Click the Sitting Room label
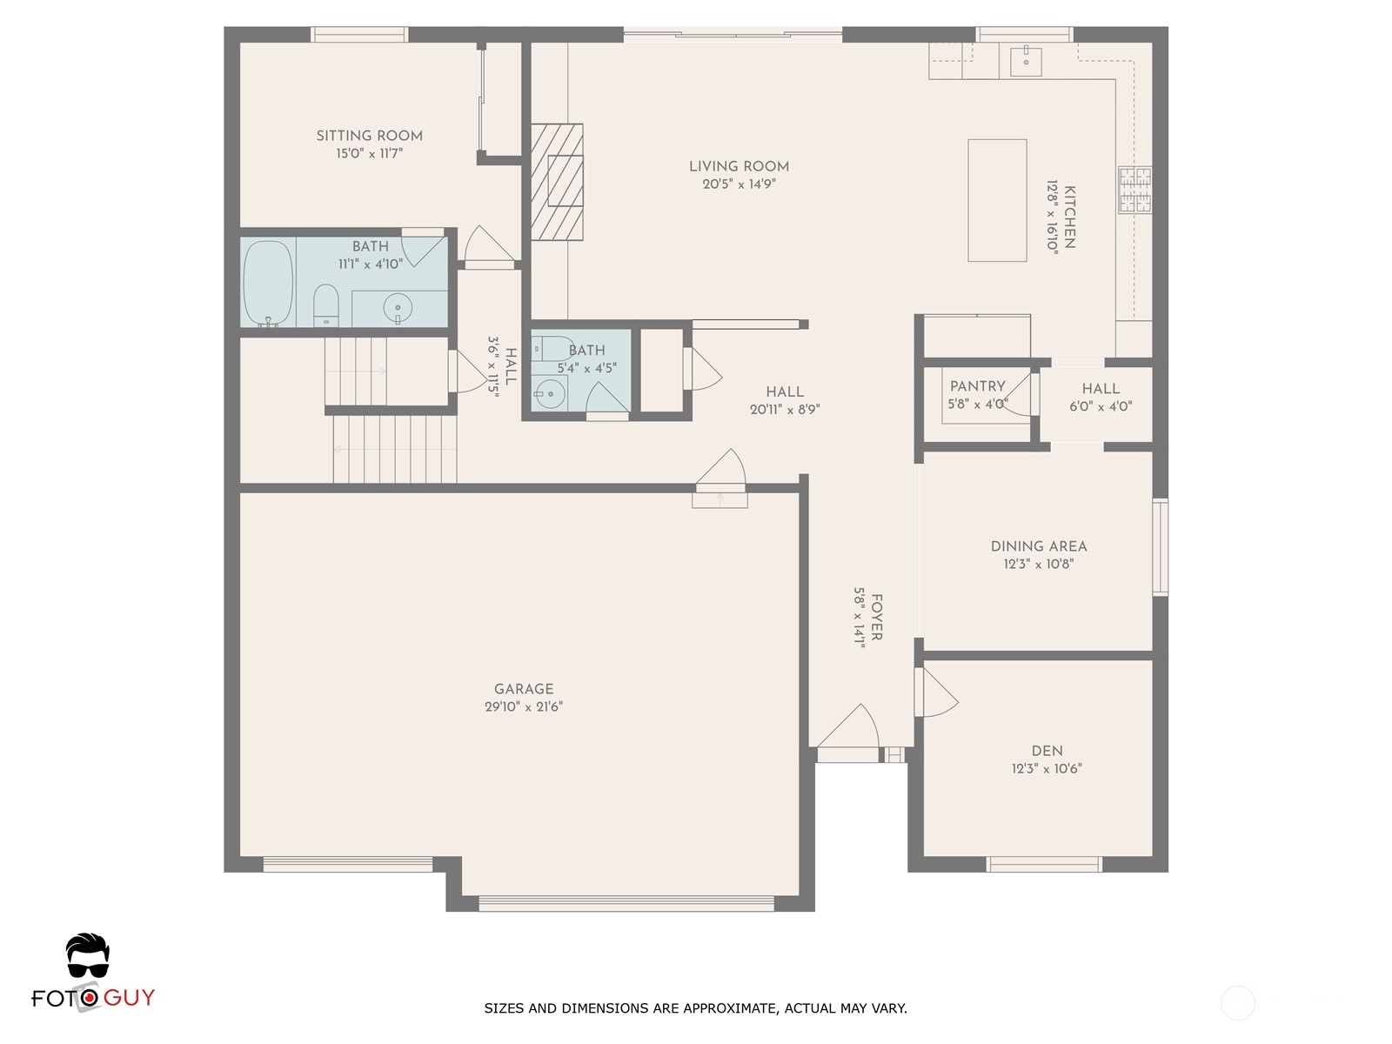pos(369,136)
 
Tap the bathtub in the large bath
pos(268,284)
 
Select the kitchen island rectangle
pos(997,200)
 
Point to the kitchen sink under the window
pos(1026,60)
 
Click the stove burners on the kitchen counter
pos(1134,190)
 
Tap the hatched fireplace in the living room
pos(557,182)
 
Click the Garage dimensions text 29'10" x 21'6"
pos(524,706)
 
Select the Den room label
pos(1047,751)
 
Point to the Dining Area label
pos(1039,545)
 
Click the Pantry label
pos(977,386)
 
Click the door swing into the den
pos(936,693)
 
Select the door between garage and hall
pos(720,472)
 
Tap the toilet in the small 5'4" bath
pos(551,349)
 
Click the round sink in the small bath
pos(550,393)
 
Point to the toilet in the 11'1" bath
pos(326,304)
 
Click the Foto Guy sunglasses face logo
pos(88,956)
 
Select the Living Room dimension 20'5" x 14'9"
pos(739,184)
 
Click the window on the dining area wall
pos(1160,548)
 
